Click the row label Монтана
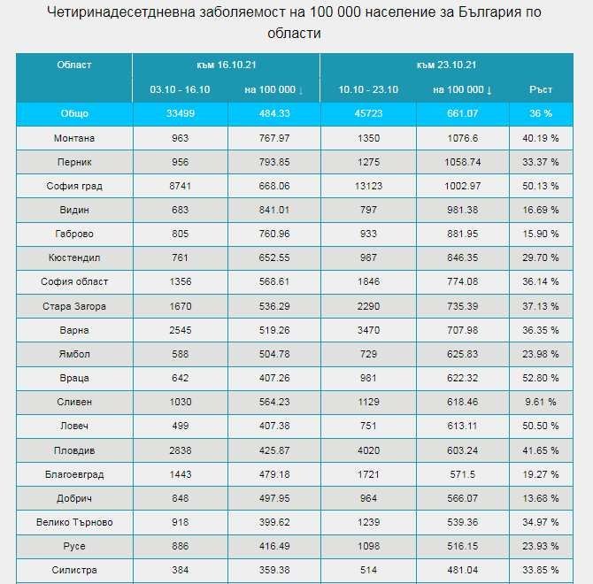point(73,138)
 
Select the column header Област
point(73,65)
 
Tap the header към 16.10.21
point(227,65)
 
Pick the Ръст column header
point(541,89)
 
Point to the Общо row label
point(73,114)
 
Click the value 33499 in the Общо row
point(180,114)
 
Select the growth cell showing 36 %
point(541,114)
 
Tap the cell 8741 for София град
point(180,186)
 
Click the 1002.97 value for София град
point(462,186)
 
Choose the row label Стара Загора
point(73,306)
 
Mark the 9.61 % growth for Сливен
point(541,402)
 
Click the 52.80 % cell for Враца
point(541,378)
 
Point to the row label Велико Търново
point(73,522)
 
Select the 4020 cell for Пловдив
point(367,450)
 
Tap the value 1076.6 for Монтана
point(462,138)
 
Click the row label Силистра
point(73,570)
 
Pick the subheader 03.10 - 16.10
point(180,89)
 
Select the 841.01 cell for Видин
point(273,210)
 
